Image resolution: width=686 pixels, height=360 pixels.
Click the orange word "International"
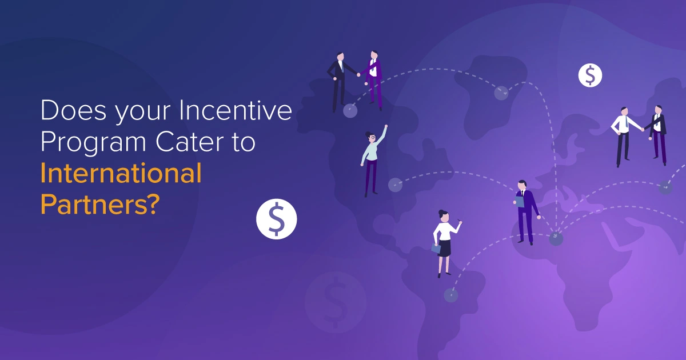tap(121, 173)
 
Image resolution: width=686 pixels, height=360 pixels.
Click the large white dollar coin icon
tap(277, 219)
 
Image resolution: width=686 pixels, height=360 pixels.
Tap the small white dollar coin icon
tap(590, 75)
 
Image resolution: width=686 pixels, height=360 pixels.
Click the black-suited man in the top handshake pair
tap(338, 80)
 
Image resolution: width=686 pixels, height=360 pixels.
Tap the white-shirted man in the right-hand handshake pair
tap(623, 134)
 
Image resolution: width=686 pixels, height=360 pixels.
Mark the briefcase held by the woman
tap(436, 249)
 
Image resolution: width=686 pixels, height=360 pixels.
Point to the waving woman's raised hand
tap(386, 126)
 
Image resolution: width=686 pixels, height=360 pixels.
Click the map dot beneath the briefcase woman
tap(451, 295)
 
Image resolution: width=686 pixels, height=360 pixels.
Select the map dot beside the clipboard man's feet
tap(556, 239)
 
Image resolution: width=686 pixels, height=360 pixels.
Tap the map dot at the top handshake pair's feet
tap(350, 111)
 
